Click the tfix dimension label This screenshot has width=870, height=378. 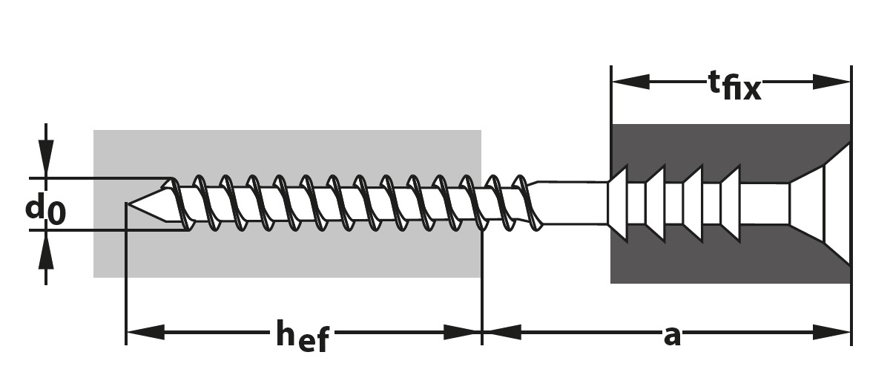coord(733,85)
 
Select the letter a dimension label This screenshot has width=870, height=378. coord(672,336)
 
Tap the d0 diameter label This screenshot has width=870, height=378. coord(45,209)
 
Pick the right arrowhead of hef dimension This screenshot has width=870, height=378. coord(464,332)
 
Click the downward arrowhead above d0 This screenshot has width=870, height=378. coord(46,163)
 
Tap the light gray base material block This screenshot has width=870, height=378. coord(297,260)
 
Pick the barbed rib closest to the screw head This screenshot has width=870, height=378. coord(731,203)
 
